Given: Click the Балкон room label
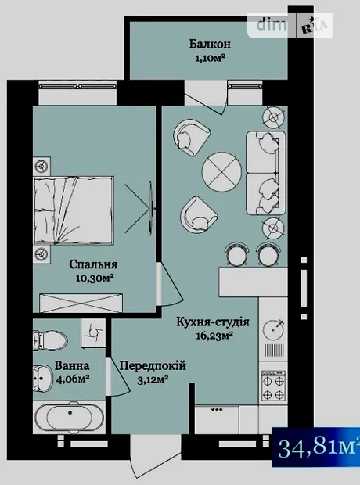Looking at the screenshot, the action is [x=210, y=44].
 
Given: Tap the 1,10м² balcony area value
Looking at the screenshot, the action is [x=210, y=58].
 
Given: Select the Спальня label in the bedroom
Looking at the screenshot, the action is [x=93, y=264].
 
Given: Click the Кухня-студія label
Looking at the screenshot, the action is [x=213, y=322].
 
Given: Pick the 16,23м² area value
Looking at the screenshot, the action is [x=214, y=336].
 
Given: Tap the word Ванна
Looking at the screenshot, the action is [x=72, y=365].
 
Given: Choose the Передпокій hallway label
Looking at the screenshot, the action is [x=153, y=365].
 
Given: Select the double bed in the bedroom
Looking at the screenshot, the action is [x=74, y=210].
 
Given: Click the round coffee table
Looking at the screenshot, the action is [x=221, y=173].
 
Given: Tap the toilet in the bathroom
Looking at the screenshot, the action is [x=50, y=341].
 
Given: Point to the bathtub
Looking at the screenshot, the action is [x=70, y=418].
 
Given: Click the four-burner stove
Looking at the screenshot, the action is [x=273, y=386].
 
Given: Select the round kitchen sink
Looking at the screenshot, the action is [x=274, y=330].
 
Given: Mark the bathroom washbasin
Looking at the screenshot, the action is [x=43, y=378].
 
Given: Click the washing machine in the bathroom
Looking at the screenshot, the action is [x=93, y=332].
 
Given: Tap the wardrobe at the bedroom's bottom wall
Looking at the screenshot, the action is [x=81, y=303].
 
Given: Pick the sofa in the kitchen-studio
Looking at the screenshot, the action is [x=266, y=173].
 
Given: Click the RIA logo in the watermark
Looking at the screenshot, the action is [x=314, y=25].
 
